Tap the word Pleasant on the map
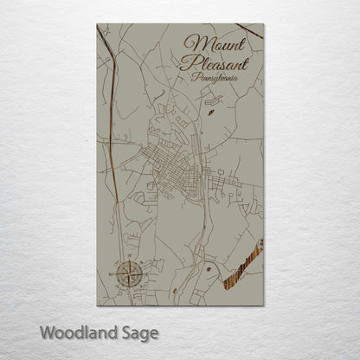pos(215,63)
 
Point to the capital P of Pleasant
pos(186,63)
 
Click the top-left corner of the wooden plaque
pos(97,24)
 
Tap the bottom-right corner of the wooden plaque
pos(263,305)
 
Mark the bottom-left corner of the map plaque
pos(97,305)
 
